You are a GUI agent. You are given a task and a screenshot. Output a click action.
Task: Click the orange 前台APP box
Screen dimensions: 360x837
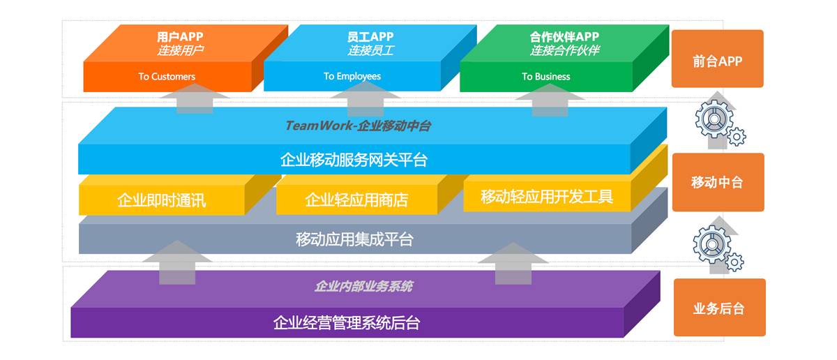(x=717, y=59)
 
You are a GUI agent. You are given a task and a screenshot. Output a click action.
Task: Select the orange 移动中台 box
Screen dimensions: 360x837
(x=717, y=182)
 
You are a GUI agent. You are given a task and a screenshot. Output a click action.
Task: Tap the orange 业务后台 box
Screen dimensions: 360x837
(x=718, y=308)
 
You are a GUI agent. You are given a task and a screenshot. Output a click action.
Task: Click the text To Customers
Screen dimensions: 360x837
(x=167, y=77)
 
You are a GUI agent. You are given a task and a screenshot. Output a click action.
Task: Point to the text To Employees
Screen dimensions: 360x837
(x=352, y=76)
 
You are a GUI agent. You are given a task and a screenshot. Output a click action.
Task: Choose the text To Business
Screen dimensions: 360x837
(x=545, y=77)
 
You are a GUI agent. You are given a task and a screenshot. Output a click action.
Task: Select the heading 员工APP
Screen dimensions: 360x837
(x=370, y=37)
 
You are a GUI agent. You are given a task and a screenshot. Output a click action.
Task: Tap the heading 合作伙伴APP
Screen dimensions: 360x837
(x=564, y=37)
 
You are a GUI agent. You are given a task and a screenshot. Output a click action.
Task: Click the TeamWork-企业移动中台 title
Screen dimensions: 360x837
(x=358, y=126)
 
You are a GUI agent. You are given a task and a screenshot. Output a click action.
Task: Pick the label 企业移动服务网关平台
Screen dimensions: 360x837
(x=354, y=160)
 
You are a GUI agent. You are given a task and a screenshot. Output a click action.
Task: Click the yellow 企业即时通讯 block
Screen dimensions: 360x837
(x=161, y=201)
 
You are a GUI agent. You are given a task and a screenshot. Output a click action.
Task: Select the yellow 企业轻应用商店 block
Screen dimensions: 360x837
(x=356, y=200)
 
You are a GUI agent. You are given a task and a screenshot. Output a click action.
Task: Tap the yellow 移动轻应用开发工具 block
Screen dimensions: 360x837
(x=547, y=197)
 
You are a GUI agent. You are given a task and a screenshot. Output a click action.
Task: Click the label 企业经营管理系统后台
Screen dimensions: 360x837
(x=347, y=323)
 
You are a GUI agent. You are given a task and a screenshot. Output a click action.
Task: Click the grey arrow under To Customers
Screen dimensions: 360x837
(x=194, y=99)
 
